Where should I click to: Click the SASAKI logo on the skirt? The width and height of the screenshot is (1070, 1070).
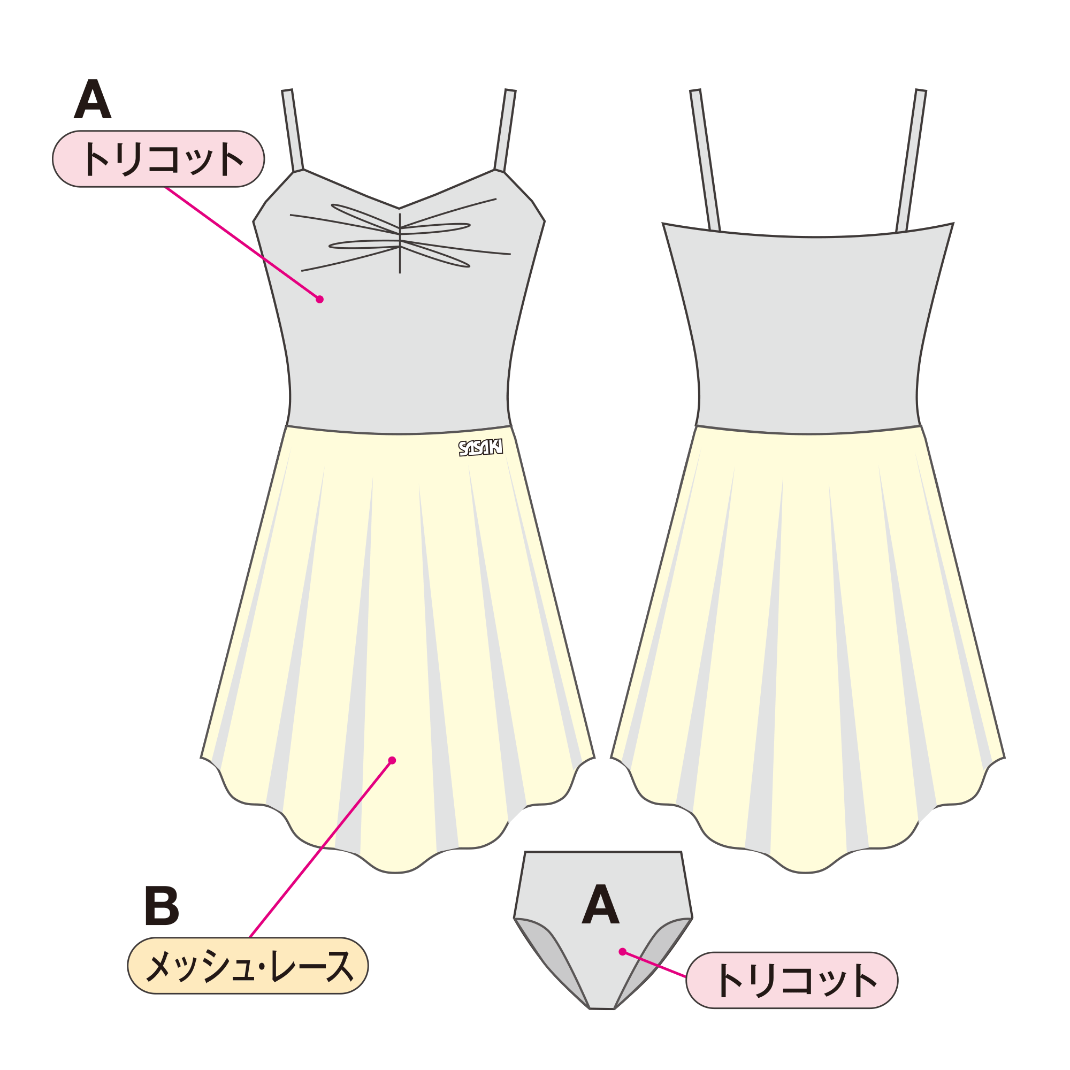click(x=481, y=447)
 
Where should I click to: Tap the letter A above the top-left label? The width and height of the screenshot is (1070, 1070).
click(x=93, y=98)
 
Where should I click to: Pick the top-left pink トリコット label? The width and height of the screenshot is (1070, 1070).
click(x=158, y=159)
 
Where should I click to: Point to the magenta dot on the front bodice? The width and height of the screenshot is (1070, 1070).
click(x=319, y=300)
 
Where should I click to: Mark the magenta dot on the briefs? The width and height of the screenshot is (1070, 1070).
click(x=623, y=951)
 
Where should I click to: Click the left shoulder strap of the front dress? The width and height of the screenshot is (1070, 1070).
click(x=293, y=130)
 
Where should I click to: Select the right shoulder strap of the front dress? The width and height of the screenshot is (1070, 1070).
click(x=505, y=130)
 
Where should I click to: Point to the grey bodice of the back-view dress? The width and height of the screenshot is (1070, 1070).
click(x=808, y=332)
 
